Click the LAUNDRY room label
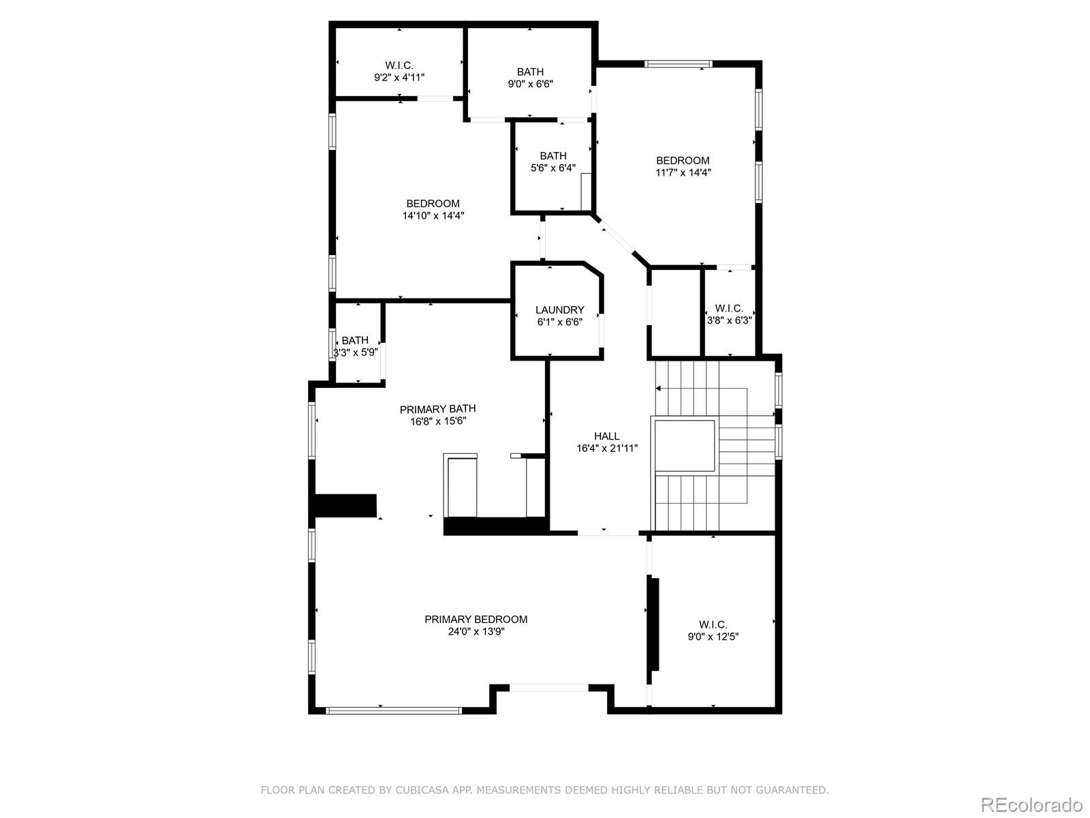coord(559,309)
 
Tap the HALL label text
coord(606,436)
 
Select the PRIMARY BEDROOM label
coord(476,620)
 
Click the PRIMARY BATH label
coord(437,409)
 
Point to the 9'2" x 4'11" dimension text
coord(399,78)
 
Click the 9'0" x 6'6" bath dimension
coord(530,84)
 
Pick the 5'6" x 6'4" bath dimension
coord(552,168)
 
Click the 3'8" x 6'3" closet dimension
coord(729,320)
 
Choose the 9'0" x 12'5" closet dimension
coord(713,637)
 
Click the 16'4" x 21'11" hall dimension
coord(606,449)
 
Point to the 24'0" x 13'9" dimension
coord(476,632)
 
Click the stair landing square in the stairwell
coord(685,446)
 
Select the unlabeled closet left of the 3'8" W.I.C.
coord(675,312)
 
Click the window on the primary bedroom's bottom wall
coord(394,710)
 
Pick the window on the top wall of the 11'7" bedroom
coord(679,64)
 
